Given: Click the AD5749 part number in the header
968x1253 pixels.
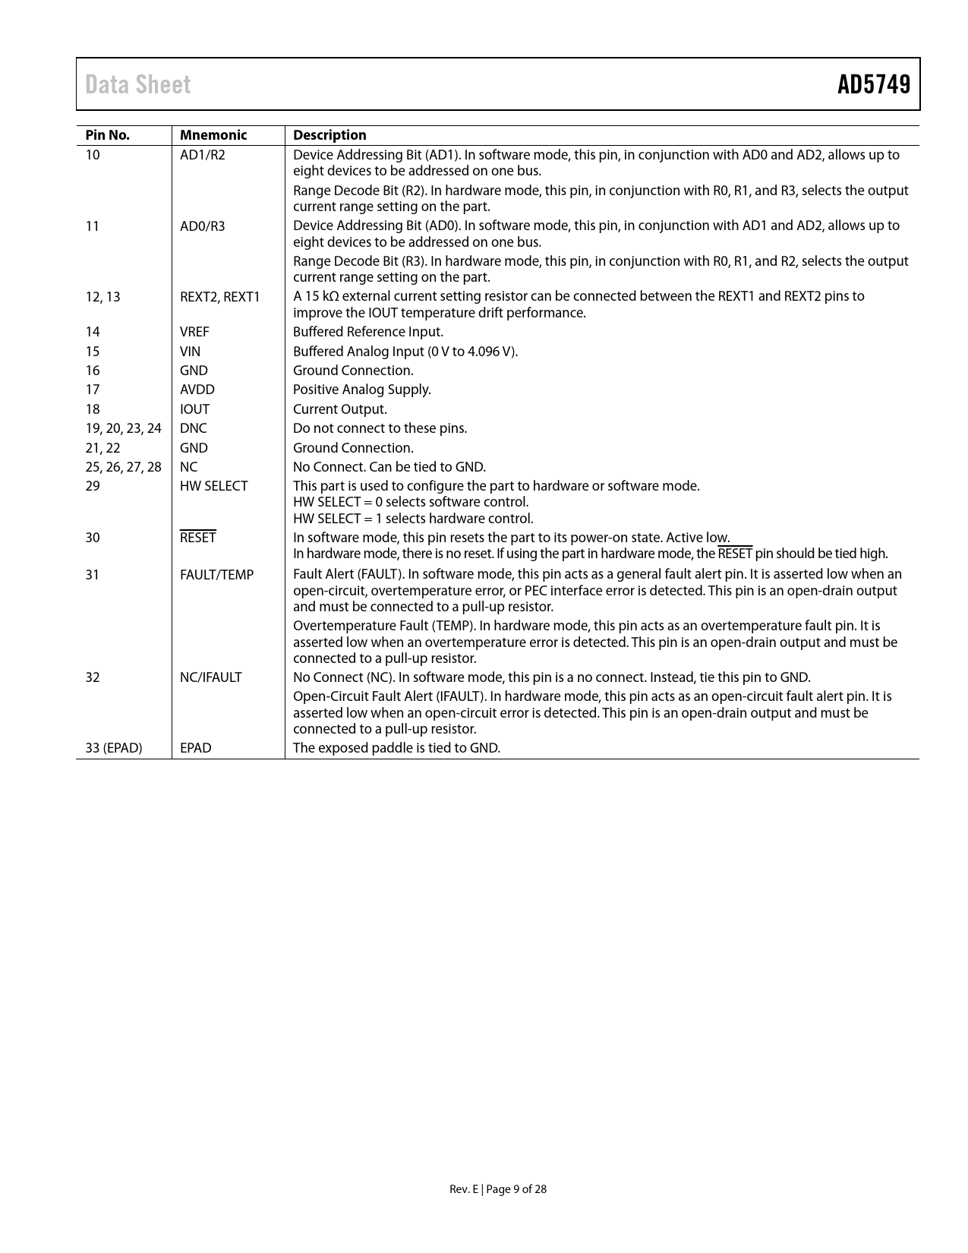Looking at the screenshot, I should click(873, 84).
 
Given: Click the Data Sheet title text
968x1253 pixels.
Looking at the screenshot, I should click(138, 84).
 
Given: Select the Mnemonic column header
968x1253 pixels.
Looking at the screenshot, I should click(213, 135).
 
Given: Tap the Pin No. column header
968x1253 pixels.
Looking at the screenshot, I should click(107, 135).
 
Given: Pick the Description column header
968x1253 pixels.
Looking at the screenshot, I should click(329, 135).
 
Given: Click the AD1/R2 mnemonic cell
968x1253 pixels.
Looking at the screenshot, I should click(203, 155).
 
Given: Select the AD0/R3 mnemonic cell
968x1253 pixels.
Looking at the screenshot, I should click(203, 226).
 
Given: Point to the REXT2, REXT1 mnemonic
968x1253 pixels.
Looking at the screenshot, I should click(219, 296).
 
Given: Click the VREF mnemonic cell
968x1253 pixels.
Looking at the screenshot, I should click(194, 332).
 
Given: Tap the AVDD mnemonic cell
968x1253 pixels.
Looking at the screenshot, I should click(197, 390).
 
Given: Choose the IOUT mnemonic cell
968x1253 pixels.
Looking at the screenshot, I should click(194, 409).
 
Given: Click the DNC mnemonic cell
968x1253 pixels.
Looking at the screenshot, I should click(193, 428).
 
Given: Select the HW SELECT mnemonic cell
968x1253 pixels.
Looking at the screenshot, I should click(213, 486).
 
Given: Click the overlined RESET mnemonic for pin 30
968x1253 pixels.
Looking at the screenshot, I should click(198, 538).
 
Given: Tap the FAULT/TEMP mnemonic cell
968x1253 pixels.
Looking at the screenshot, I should click(216, 575).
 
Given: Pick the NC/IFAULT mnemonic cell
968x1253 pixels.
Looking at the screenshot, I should click(210, 677).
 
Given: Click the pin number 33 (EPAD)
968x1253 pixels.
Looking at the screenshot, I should click(114, 748).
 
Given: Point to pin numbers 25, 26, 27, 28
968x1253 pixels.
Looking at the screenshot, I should click(123, 467).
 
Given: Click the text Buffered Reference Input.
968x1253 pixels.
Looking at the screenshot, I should click(368, 332).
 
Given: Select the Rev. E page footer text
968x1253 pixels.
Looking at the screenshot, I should click(498, 1189).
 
